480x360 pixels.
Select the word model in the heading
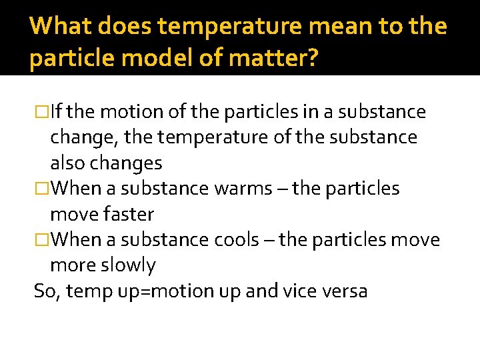150,59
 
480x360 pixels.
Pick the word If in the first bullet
56,112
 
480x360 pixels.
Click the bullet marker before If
41,112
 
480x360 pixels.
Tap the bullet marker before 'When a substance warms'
41,189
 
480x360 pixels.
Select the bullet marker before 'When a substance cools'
41,239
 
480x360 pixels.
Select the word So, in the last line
45,291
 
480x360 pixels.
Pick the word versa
349,291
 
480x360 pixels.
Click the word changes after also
127,163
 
